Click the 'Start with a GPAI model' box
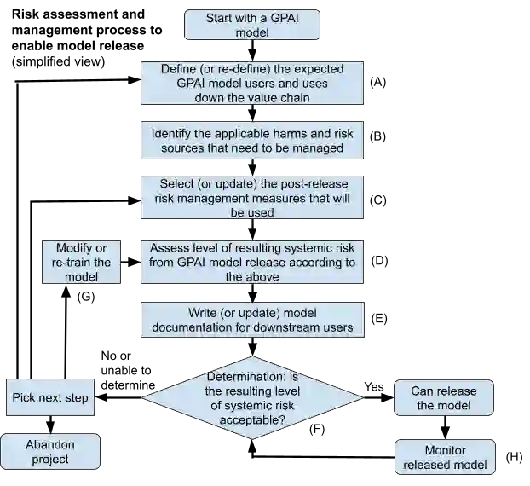pyautogui.click(x=252, y=25)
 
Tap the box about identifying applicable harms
pyautogui.click(x=252, y=141)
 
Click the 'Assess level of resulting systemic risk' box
pyautogui.click(x=252, y=262)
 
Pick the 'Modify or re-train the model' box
pyautogui.click(x=82, y=262)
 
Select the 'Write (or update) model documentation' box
pyautogui.click(x=252, y=320)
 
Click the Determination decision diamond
pyautogui.click(x=252, y=397)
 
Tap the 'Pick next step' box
pyautogui.click(x=49, y=398)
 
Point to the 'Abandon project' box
pyautogui.click(x=50, y=452)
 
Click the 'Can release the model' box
pyautogui.click(x=444, y=398)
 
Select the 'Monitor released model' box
pyautogui.click(x=445, y=457)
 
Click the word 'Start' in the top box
pyautogui.click(x=220, y=18)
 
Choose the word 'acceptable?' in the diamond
pyautogui.click(x=252, y=420)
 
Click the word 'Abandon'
pyautogui.click(x=50, y=444)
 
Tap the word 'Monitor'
pyautogui.click(x=445, y=450)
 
